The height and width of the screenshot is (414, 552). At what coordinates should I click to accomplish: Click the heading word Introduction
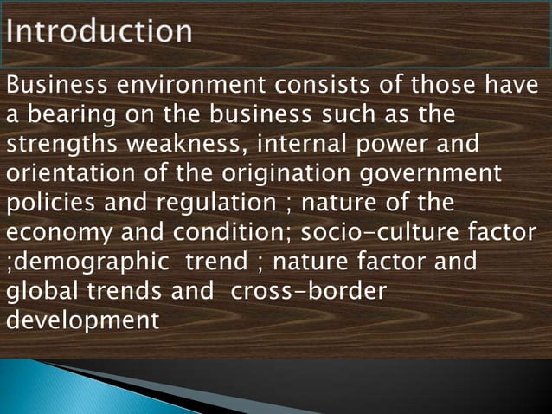tap(99, 33)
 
